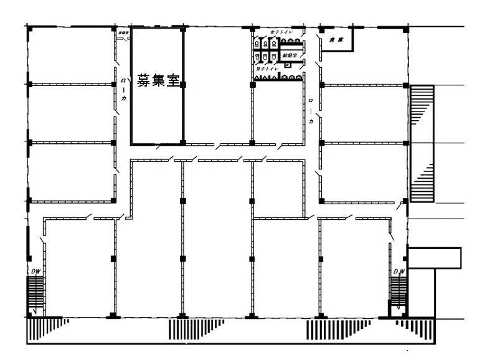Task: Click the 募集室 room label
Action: tap(158, 80)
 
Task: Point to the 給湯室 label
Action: tap(290, 56)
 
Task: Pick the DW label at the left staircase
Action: tap(35, 272)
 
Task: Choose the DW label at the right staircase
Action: tap(400, 272)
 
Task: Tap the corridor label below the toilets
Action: tap(311, 110)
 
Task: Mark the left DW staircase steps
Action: tap(35, 293)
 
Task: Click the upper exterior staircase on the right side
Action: tap(421, 109)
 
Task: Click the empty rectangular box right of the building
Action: tap(433, 257)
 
